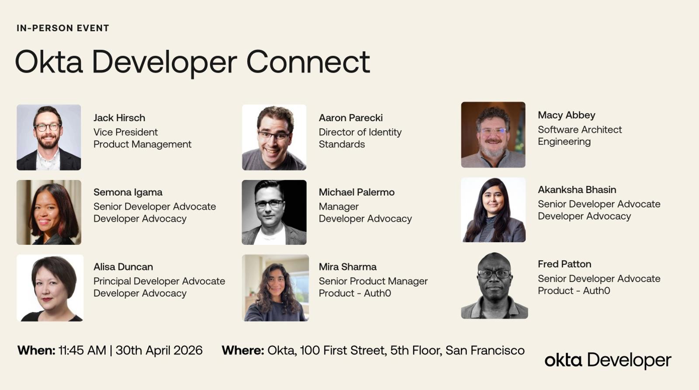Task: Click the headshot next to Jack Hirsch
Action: pos(48,137)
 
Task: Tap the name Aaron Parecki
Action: pos(351,118)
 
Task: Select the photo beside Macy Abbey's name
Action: pos(493,135)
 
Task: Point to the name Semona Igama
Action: pos(128,192)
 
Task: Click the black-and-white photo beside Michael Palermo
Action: pos(274,212)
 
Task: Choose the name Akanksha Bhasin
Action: pos(577,190)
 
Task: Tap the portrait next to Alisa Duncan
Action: pos(50,288)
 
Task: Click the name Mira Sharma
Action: pos(348,267)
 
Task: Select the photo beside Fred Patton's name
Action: pos(495,286)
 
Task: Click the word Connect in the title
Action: pos(308,62)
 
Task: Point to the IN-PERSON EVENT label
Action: pos(63,28)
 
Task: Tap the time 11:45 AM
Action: pos(83,350)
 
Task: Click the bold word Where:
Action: pos(243,350)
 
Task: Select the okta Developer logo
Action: pos(608,360)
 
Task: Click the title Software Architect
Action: pos(580,129)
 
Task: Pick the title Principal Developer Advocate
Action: pos(159,281)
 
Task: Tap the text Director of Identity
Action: pos(360,132)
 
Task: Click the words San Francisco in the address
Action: pos(485,350)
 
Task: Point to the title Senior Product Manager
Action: pos(373,281)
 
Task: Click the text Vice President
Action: pos(125,132)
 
